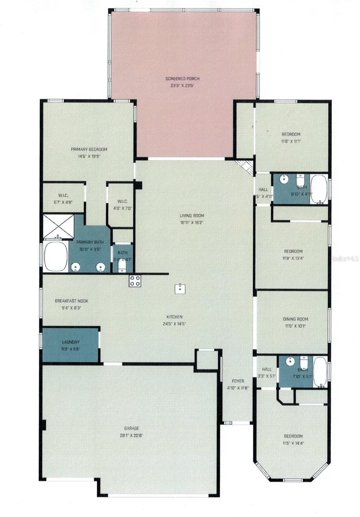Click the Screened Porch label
click(182, 79)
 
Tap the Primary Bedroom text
click(89, 149)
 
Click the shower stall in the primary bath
click(58, 225)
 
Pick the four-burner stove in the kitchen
click(135, 281)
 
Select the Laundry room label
click(71, 342)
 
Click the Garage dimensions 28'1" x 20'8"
click(132, 435)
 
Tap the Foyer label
click(238, 381)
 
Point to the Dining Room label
click(295, 319)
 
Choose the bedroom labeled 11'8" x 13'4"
click(293, 255)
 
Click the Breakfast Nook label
click(71, 301)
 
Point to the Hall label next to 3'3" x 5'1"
click(267, 369)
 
